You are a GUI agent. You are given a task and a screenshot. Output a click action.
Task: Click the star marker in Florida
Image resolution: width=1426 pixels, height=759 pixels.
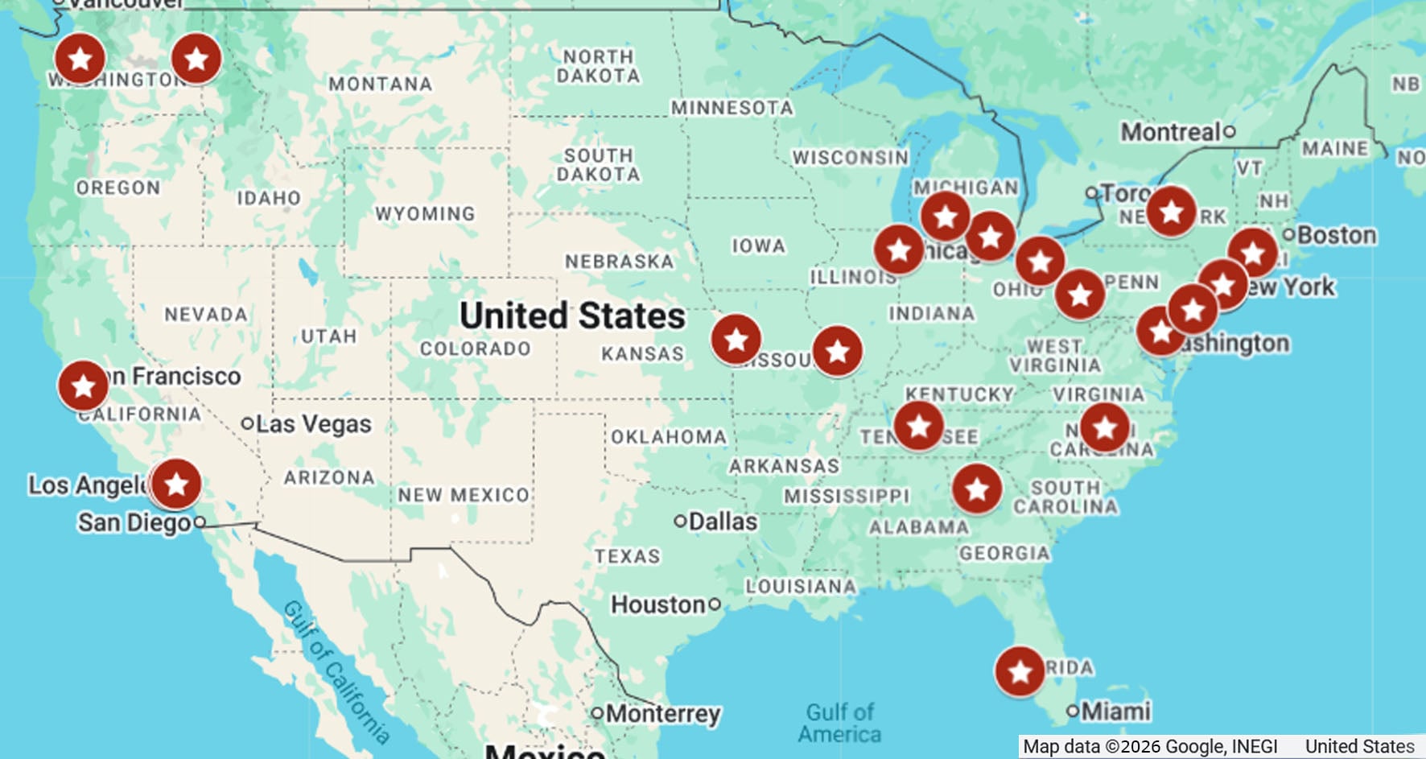(x=1020, y=671)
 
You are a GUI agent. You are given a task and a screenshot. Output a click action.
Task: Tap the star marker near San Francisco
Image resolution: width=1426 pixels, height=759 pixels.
(x=83, y=386)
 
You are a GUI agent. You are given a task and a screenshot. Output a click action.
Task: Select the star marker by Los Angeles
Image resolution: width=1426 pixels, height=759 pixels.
(x=175, y=485)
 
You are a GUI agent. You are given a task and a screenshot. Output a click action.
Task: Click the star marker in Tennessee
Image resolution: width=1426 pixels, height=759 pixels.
(x=918, y=427)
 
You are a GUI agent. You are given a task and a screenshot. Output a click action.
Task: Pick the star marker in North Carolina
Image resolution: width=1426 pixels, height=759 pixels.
(x=1104, y=428)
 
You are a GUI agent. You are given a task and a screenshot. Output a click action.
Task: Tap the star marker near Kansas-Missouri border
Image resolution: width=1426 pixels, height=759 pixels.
(x=736, y=340)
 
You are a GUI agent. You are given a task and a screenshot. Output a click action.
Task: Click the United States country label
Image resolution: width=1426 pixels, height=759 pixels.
(x=572, y=316)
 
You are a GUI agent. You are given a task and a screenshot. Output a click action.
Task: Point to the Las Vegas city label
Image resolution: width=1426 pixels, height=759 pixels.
(x=313, y=424)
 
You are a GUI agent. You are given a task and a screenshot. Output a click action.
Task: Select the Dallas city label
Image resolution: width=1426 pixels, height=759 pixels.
(x=722, y=522)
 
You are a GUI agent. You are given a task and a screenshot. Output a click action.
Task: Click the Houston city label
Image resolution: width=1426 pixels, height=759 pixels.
(x=658, y=604)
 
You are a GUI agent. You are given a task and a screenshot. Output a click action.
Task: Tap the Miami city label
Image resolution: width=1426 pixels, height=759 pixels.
(x=1115, y=712)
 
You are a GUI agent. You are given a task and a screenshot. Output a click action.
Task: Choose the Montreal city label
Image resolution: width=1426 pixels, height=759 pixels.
(x=1171, y=132)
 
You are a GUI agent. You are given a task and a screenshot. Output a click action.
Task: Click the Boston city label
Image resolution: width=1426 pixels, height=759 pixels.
(x=1336, y=235)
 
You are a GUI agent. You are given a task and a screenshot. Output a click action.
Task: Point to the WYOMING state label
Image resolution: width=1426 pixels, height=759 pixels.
(x=425, y=214)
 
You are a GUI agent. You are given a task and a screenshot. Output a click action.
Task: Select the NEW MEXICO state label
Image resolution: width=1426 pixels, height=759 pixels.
(x=464, y=495)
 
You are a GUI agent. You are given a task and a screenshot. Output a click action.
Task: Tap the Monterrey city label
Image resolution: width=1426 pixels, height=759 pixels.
(x=662, y=713)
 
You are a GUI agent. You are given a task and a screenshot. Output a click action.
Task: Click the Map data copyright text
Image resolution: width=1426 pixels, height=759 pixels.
(x=1150, y=747)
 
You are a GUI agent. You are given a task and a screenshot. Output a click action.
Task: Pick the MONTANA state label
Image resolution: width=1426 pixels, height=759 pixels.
(x=380, y=84)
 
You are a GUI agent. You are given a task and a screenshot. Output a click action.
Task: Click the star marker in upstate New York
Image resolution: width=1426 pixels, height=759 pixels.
(x=1171, y=212)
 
